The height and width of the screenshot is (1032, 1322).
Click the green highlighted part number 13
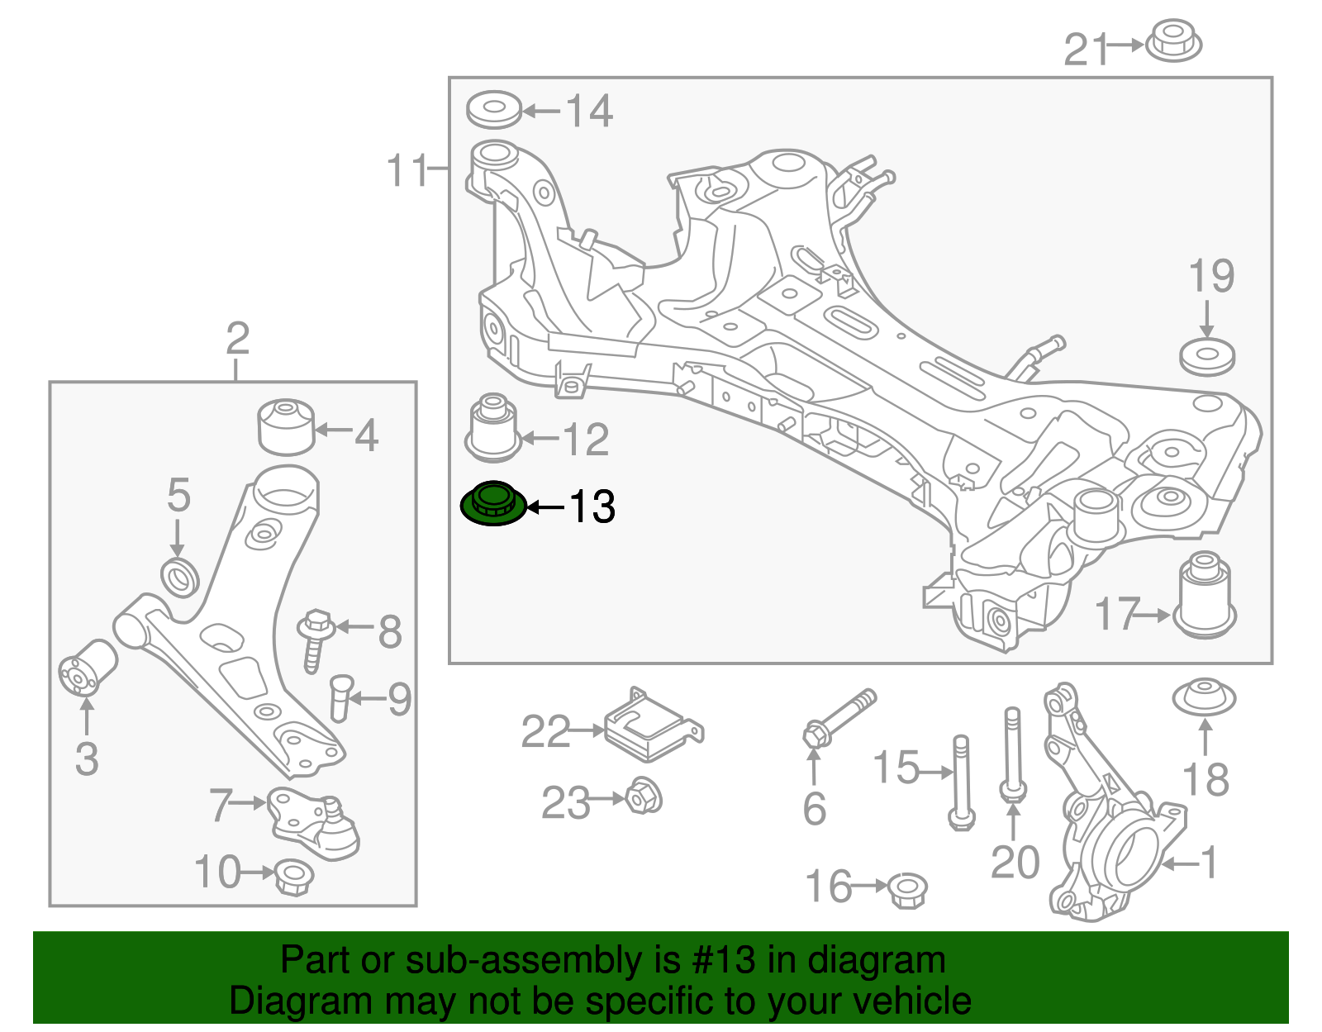pos(493,503)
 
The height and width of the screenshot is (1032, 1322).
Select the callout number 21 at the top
pos(1084,50)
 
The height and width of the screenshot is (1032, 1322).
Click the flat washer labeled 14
pos(494,110)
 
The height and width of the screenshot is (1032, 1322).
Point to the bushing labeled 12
pos(493,427)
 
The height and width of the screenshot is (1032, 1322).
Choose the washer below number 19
pos(1207,357)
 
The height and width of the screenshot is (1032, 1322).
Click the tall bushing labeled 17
pos(1205,595)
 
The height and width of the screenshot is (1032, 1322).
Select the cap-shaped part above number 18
pos(1205,697)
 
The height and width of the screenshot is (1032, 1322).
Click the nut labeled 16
pos(908,890)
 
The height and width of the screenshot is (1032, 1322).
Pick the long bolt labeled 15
pos(961,781)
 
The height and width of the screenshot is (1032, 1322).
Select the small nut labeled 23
pos(644,797)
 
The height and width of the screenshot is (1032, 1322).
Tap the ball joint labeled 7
pos(314,822)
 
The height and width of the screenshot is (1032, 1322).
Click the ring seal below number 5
pos(179,576)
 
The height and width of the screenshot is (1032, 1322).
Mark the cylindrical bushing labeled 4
pos(287,426)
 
